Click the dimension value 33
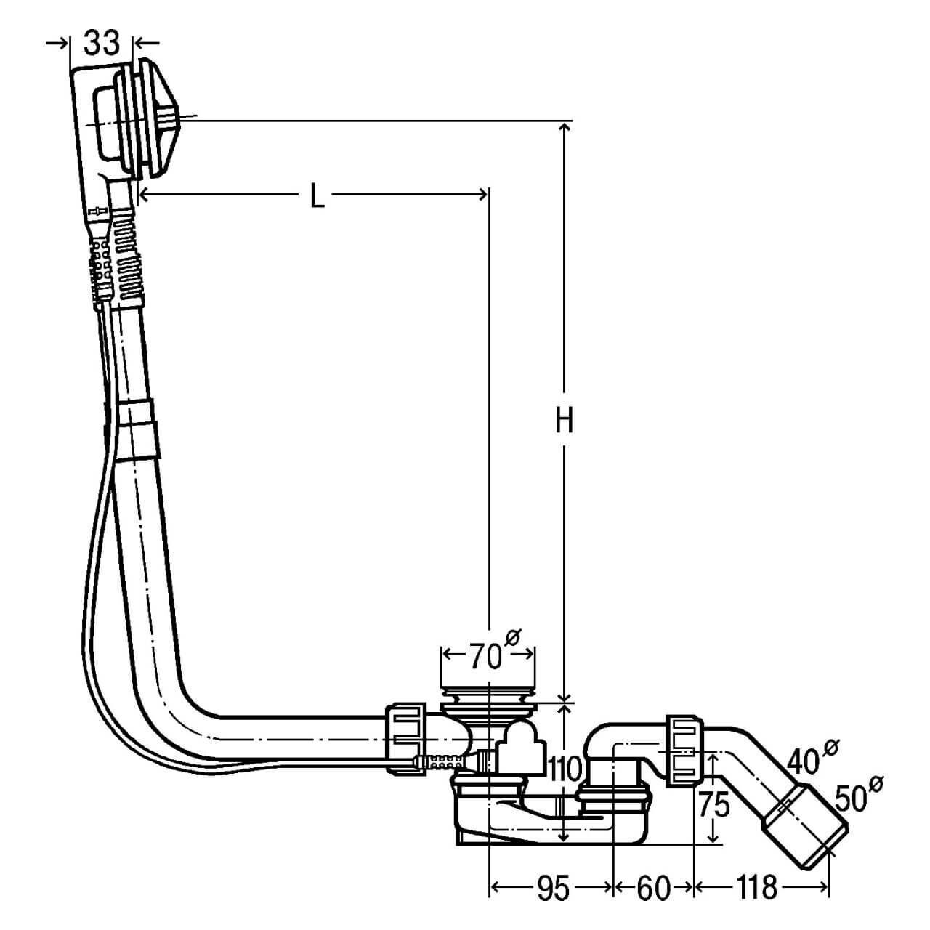pos(101,43)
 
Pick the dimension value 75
pos(714,806)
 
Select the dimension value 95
pos(552,889)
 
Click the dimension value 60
pos(652,889)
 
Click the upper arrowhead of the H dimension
pos(565,127)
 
